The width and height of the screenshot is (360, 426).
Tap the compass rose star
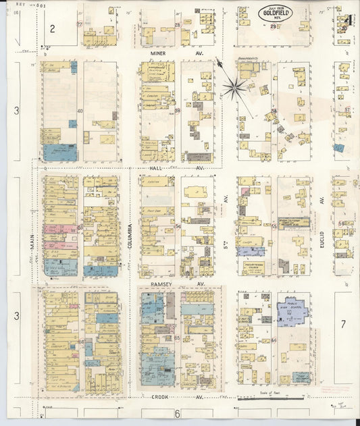pos(235,85)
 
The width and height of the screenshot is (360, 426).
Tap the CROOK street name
pos(160,398)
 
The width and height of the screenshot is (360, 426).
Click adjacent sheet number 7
pos(342,324)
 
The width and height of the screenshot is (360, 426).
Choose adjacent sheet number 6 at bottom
pos(177,412)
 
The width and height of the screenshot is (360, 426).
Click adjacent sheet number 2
pos(50,28)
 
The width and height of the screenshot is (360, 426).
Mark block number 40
pos(80,111)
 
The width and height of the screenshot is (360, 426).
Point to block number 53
pos(80,228)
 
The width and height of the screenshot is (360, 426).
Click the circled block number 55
pos(274,227)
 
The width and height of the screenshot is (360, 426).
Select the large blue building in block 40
pos(60,152)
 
